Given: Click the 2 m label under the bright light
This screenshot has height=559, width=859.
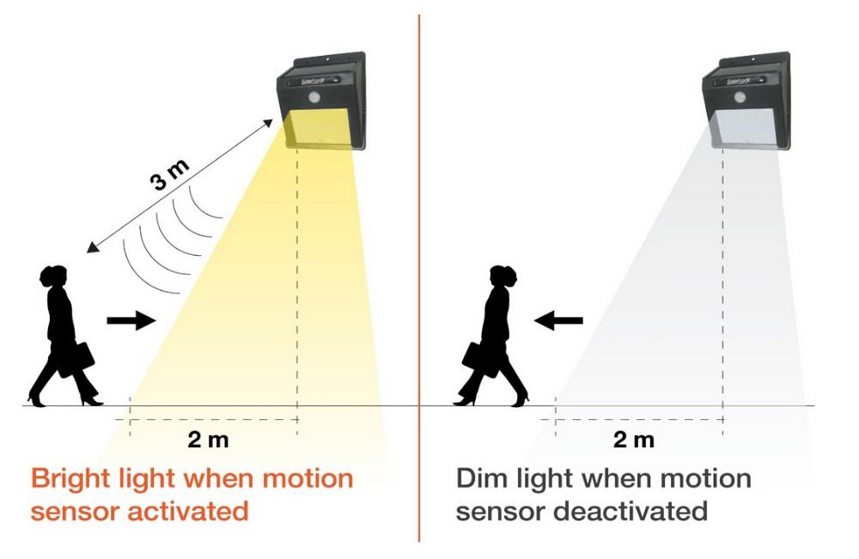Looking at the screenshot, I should tap(208, 441).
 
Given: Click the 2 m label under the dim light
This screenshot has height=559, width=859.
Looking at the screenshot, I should tap(633, 441).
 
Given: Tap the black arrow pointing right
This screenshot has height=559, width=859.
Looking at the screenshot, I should tap(131, 320).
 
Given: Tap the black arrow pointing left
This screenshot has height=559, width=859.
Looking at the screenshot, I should tap(558, 320).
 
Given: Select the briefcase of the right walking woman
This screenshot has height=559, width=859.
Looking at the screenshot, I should tap(474, 354).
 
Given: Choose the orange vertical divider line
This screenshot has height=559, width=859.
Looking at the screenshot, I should tap(419, 275).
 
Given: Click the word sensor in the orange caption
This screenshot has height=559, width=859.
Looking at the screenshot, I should tap(75, 511).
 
